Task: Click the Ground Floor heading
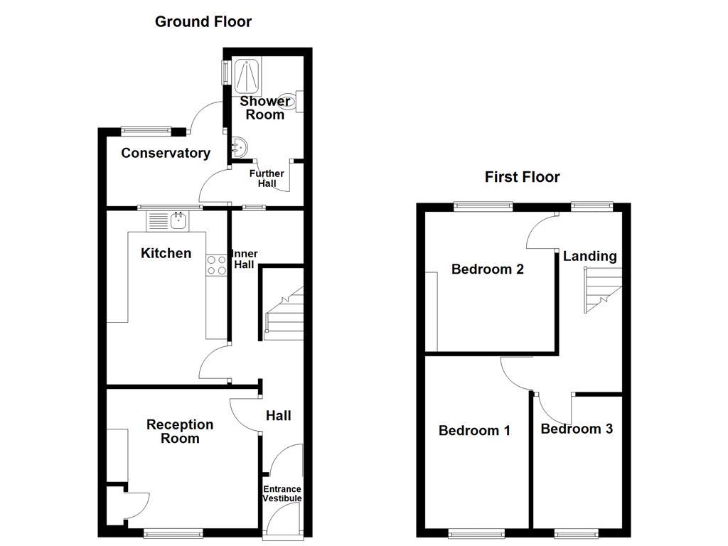203,22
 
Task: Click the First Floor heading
522,177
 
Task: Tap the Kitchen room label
166,253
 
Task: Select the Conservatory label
166,153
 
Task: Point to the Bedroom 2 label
488,269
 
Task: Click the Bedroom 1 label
474,430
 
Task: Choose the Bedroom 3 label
577,429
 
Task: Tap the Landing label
590,256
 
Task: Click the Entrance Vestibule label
282,493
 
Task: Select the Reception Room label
180,431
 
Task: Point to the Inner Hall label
245,259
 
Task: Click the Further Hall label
267,178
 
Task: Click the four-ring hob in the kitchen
216,265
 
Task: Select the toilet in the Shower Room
291,102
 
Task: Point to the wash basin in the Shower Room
237,146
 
